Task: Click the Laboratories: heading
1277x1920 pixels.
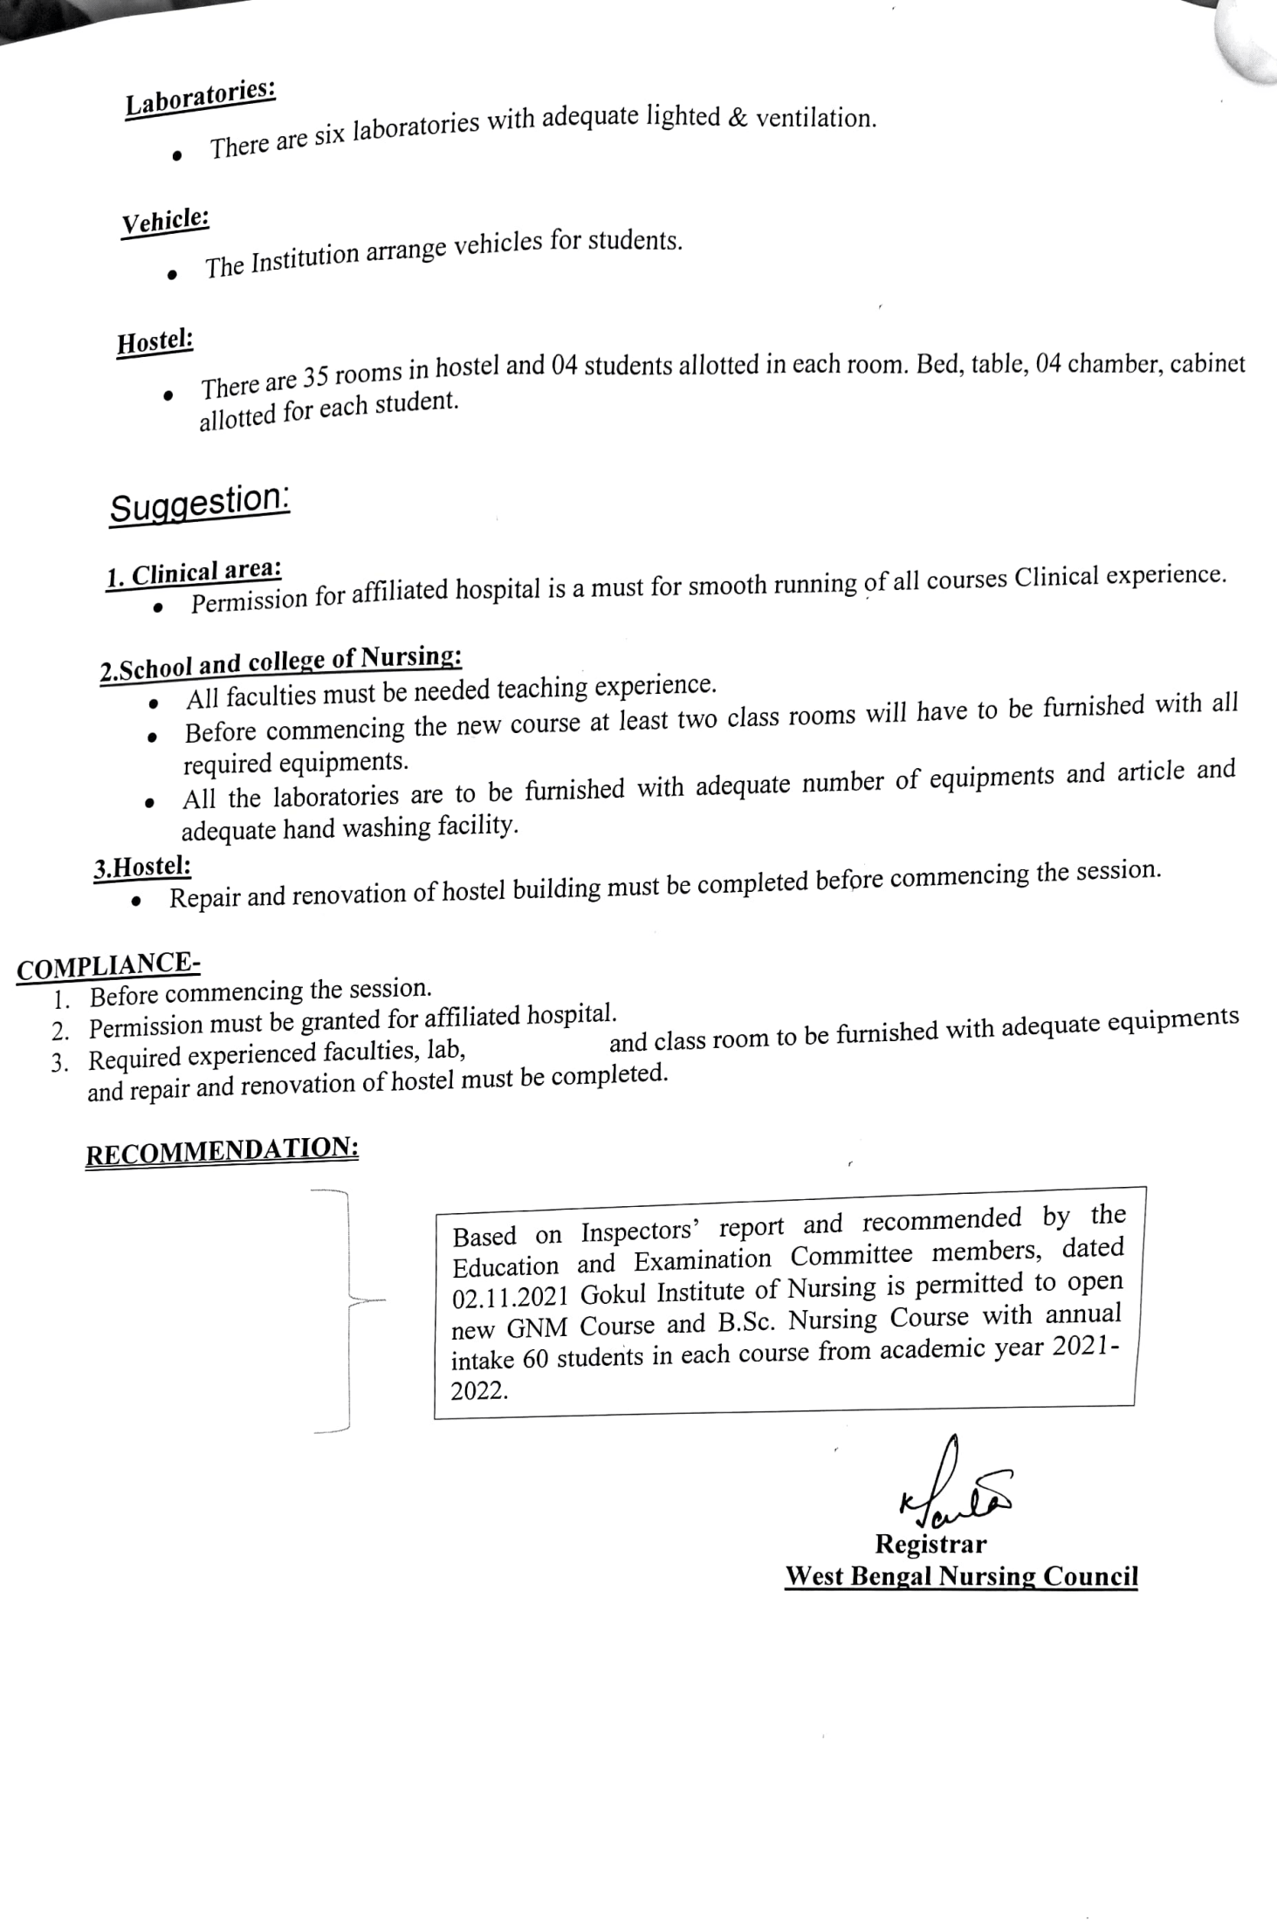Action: tap(200, 99)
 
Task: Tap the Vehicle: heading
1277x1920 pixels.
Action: tap(165, 222)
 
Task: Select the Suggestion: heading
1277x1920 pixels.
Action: tap(199, 504)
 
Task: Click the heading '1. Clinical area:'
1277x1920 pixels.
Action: tap(194, 573)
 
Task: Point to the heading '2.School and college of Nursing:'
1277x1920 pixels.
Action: tap(280, 663)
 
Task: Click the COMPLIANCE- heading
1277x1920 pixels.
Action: tap(108, 965)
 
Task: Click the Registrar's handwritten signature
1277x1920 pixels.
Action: tap(951, 1498)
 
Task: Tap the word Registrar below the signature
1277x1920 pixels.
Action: tap(930, 1544)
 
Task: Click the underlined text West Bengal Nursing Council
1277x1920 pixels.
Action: tap(961, 1577)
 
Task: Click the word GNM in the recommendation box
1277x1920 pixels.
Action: tap(537, 1327)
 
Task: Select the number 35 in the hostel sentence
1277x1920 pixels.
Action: tap(314, 378)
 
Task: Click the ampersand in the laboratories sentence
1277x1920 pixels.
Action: tap(738, 119)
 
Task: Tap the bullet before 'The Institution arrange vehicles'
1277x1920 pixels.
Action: tap(173, 275)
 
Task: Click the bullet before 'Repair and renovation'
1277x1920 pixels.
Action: tap(136, 902)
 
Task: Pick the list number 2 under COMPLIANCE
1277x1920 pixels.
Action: tap(59, 1031)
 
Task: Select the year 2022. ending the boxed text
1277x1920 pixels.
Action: tap(479, 1390)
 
